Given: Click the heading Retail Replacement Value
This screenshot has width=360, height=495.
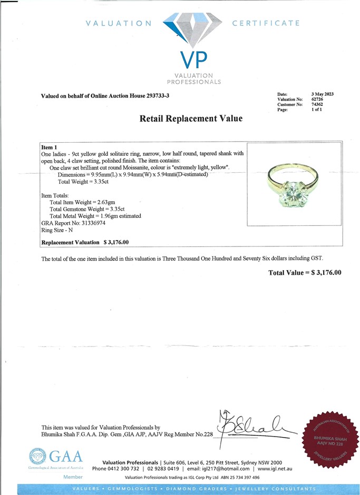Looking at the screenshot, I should (191, 119).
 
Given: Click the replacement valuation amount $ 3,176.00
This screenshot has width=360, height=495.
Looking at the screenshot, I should (116, 242).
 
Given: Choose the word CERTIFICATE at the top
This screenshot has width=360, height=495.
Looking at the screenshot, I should (266, 23).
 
